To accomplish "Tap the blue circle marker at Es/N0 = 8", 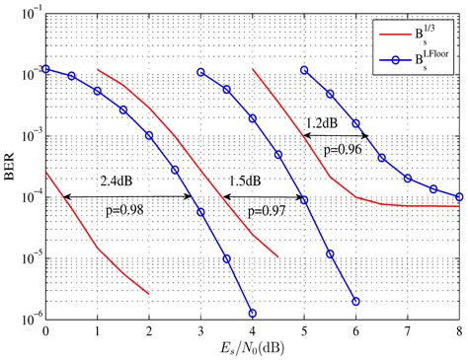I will pyautogui.click(x=459, y=196).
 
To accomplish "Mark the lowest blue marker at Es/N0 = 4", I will pyautogui.click(x=253, y=313).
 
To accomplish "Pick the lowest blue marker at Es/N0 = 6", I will pyautogui.click(x=355, y=301).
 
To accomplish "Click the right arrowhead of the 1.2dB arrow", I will pyautogui.click(x=366, y=136).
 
